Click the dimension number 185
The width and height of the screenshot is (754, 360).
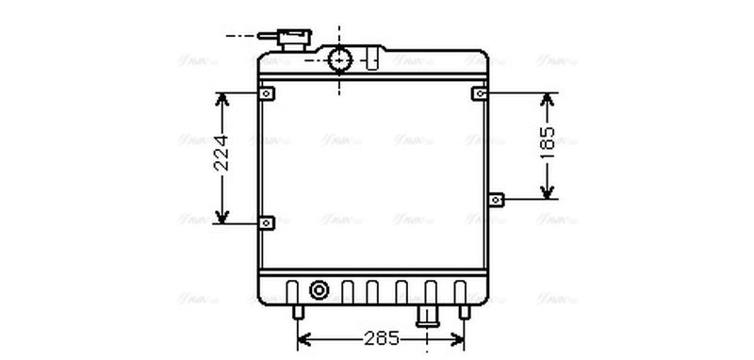[x=548, y=145]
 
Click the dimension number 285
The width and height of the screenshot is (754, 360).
[x=381, y=337]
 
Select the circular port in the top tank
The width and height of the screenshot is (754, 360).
[x=339, y=60]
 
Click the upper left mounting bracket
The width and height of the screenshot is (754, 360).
[x=267, y=94]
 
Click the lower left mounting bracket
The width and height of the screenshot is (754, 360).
[x=267, y=223]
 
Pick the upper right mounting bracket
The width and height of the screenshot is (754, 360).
[x=481, y=94]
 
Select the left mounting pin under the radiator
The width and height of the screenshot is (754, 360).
[x=299, y=312]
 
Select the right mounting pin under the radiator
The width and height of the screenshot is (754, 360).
[x=463, y=312]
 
